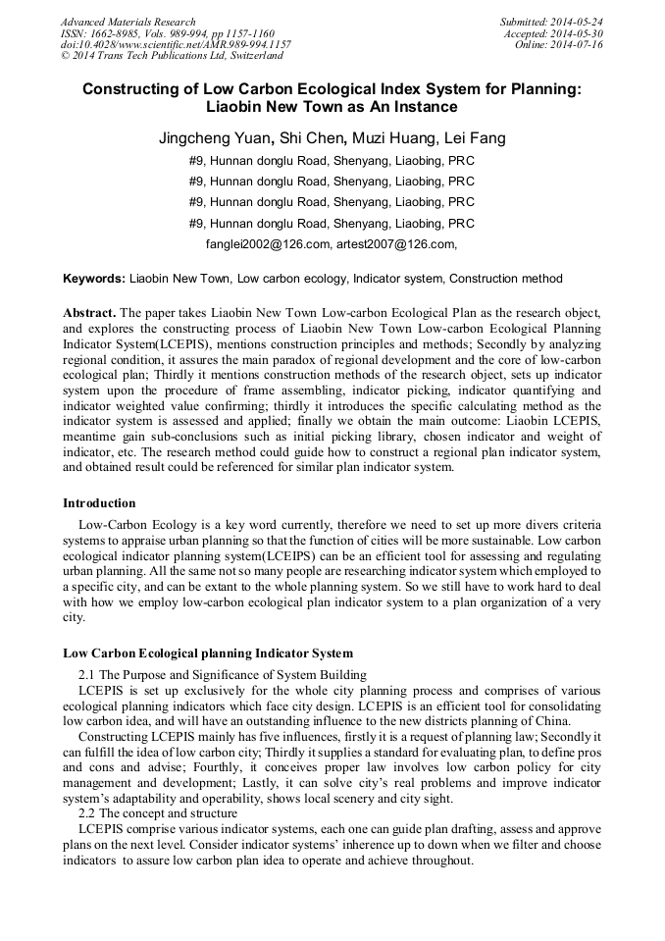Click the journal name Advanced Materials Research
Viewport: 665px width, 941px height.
128,22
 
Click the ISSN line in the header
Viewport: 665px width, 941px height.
167,33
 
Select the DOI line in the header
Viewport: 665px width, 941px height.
176,45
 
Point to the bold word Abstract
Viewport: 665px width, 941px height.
90,312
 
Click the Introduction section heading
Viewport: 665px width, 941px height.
99,503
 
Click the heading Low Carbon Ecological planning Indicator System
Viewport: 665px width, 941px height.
208,653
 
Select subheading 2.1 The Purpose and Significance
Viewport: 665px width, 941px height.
223,674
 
